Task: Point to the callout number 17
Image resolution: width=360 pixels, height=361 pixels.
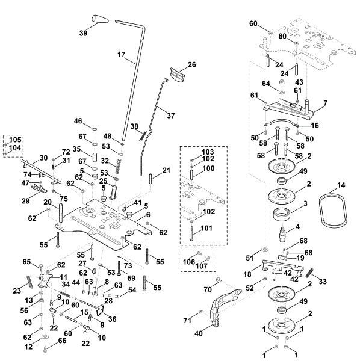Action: [121, 55]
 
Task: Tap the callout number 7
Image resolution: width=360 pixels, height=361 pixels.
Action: [325, 103]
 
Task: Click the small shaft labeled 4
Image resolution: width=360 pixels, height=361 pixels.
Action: [282, 233]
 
